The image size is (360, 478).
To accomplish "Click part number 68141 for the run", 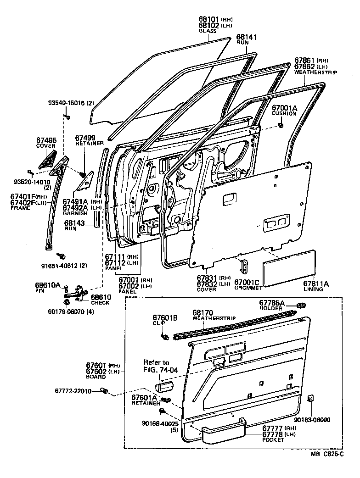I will pyautogui.click(x=246, y=36).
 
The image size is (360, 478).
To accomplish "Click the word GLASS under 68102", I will pyautogui.click(x=208, y=31).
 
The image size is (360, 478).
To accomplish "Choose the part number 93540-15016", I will pyautogui.click(x=67, y=103).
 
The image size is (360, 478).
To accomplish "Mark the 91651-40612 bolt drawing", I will pyautogui.click(x=60, y=255).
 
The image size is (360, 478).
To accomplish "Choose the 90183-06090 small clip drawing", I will pyautogui.click(x=311, y=398).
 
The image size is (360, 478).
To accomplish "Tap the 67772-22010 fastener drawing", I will pyautogui.click(x=105, y=391).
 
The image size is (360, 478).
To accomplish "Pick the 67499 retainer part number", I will pyautogui.click(x=85, y=137).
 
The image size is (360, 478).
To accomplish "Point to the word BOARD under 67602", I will pyautogui.click(x=96, y=377).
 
